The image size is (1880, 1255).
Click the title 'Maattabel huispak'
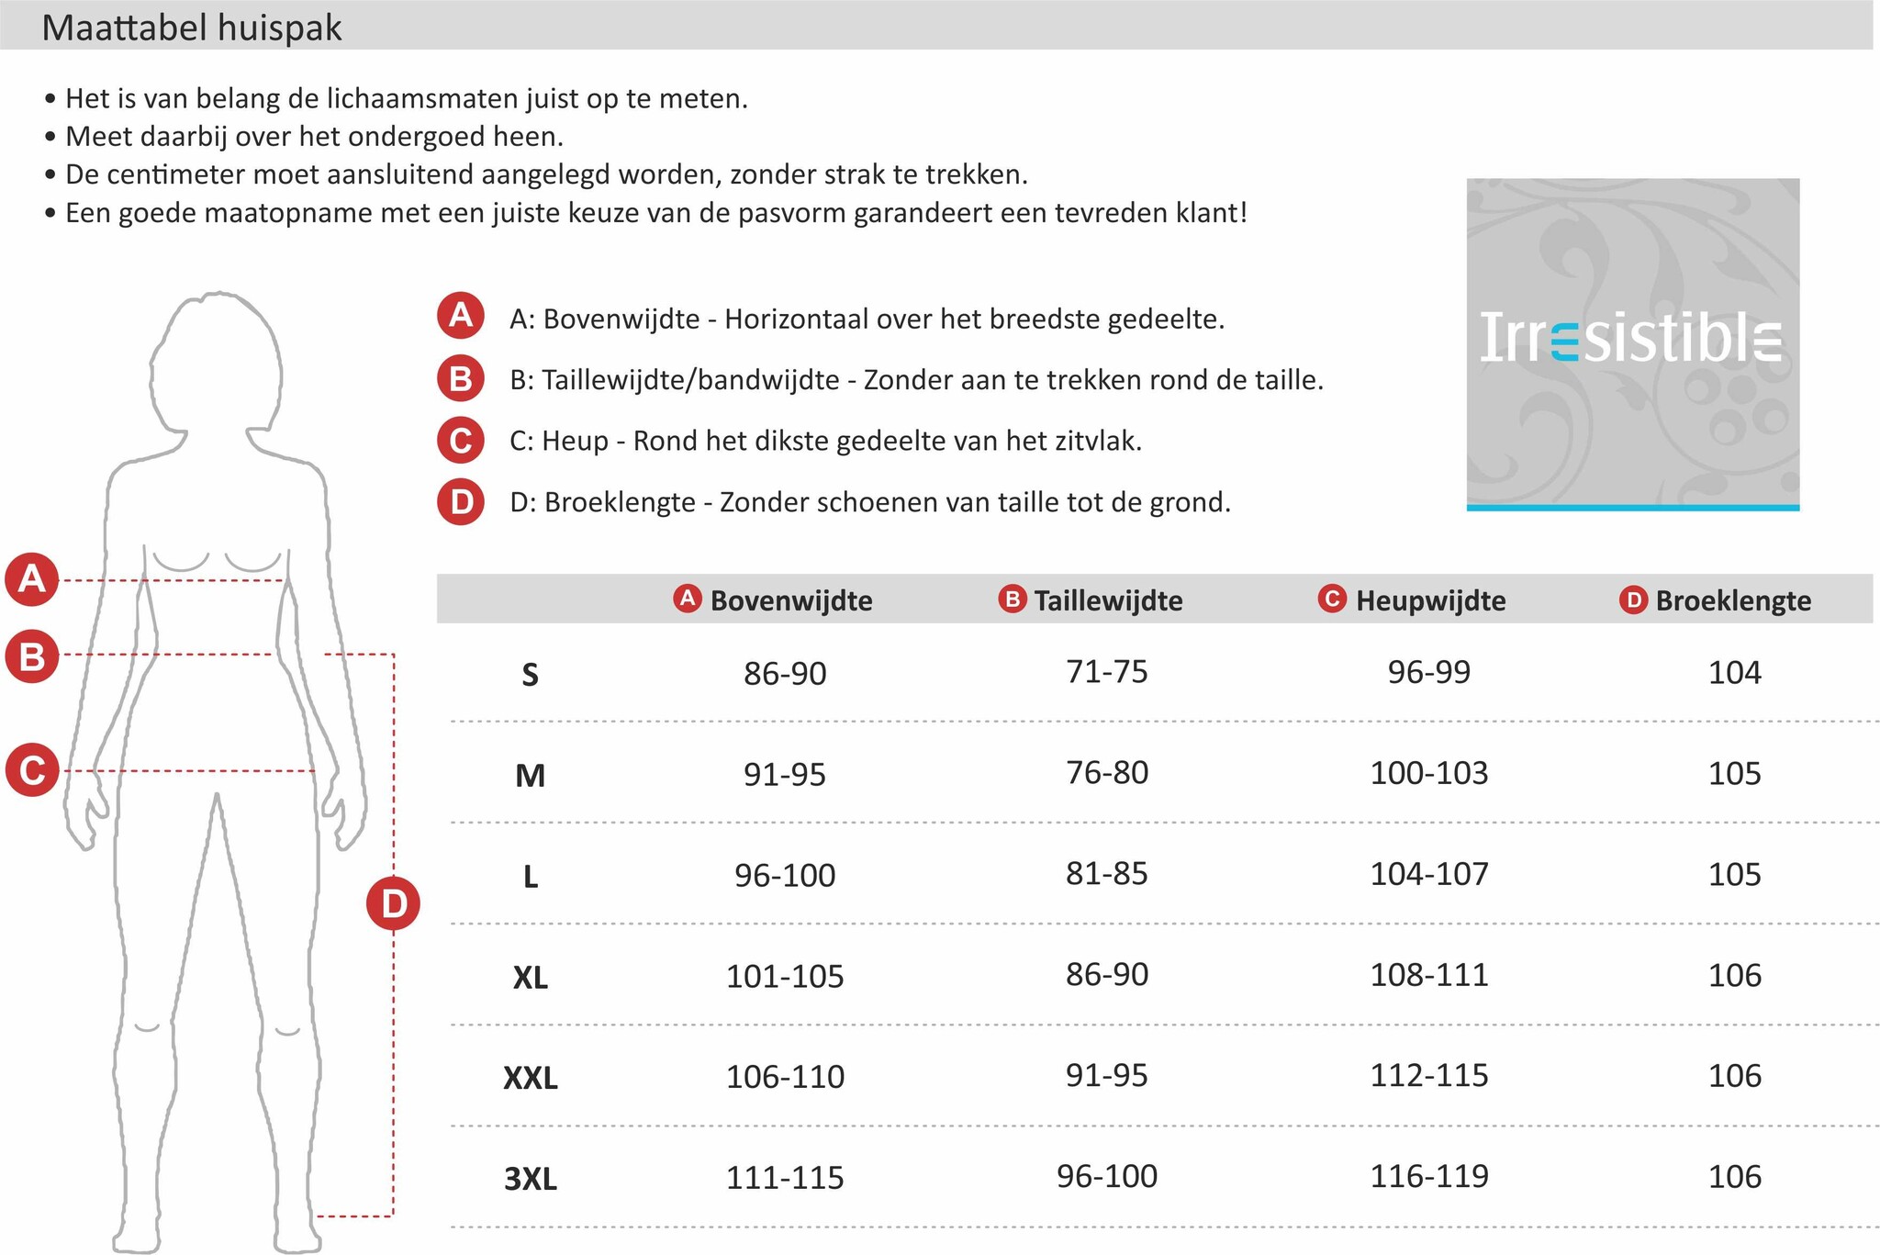click(192, 28)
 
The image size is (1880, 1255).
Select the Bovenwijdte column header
click(790, 600)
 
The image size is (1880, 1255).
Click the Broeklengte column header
click(1732, 600)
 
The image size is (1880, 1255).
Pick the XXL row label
click(531, 1077)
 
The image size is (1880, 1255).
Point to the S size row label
click(530, 676)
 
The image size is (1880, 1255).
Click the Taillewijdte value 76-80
click(1107, 773)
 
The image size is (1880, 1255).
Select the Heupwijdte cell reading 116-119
click(1429, 1176)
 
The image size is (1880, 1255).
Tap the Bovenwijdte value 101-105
click(785, 976)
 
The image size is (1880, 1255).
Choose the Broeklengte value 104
click(1734, 673)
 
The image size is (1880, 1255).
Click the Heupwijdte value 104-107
click(1429, 874)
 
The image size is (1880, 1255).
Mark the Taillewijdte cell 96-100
click(1107, 1176)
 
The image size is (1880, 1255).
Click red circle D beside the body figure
click(393, 904)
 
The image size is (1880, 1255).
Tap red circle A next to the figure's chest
click(32, 579)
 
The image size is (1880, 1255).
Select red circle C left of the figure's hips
click(32, 769)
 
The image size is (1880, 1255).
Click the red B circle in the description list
click(461, 378)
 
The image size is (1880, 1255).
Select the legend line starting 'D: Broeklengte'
click(869, 503)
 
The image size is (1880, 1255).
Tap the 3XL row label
click(531, 1178)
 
